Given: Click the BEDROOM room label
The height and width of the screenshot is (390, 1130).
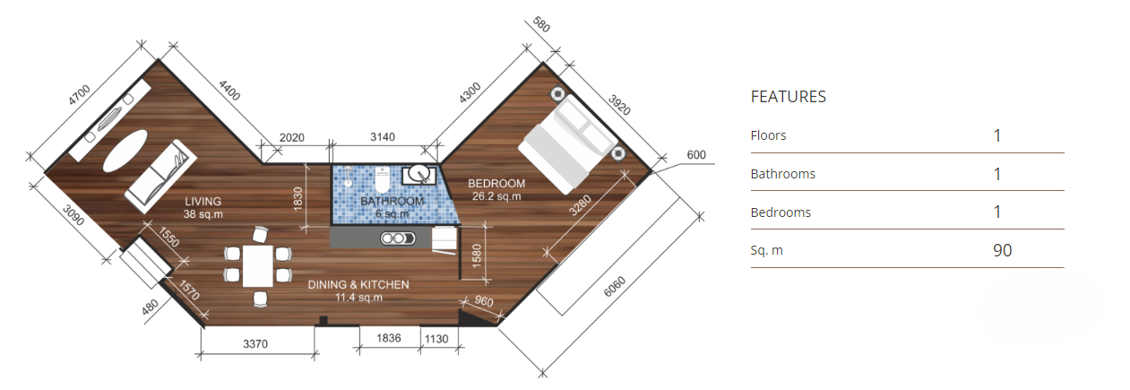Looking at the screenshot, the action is (x=496, y=184).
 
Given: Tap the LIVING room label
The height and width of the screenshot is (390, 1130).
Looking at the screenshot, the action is (x=203, y=202).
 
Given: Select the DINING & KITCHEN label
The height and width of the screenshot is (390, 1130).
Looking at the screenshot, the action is (x=358, y=284).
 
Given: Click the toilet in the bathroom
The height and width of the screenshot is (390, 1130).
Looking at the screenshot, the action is (x=383, y=179).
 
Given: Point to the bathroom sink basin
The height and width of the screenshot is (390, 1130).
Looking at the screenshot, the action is (x=418, y=174).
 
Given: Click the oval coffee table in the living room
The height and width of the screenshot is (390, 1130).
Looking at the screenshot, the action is (x=125, y=151).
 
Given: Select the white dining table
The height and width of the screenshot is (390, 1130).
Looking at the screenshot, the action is (x=258, y=265).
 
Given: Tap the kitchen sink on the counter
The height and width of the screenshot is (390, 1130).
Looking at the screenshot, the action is (x=398, y=238).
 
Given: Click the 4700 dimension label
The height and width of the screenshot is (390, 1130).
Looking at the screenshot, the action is (x=79, y=95).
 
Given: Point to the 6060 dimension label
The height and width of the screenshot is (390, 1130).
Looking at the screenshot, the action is (x=615, y=287).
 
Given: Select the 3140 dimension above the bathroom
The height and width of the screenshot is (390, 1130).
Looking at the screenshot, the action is (x=383, y=137).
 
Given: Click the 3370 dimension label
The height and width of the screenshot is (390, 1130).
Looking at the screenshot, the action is (x=255, y=344).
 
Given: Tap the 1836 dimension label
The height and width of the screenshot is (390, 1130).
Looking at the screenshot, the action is (x=388, y=338).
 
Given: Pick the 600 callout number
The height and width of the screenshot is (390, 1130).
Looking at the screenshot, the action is (x=696, y=155).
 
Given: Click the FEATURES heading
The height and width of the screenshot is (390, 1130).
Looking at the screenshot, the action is (x=788, y=96).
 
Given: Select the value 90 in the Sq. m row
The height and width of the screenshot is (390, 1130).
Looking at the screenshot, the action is (x=1003, y=250).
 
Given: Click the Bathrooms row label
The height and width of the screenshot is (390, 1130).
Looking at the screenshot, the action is (x=782, y=174).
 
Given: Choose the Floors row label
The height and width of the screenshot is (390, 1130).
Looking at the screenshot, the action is (x=768, y=135).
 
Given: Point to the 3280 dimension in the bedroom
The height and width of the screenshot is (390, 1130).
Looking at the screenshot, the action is (x=580, y=206).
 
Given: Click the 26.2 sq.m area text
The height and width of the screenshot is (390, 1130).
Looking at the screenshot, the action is (x=496, y=196).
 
